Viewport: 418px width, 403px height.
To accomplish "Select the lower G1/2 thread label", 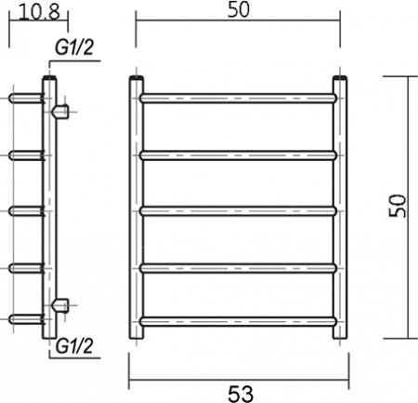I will [x=73, y=346].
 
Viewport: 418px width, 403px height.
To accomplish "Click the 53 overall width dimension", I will [x=240, y=392].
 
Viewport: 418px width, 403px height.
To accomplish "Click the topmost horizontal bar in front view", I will [x=240, y=96].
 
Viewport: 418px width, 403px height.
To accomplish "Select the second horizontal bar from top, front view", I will [x=240, y=153].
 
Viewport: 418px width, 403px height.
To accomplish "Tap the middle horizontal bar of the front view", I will [x=240, y=209].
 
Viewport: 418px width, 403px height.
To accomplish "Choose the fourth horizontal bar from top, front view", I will [x=240, y=268].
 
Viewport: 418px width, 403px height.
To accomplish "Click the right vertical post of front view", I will [x=342, y=209].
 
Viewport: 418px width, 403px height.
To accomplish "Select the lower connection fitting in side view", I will [x=62, y=303].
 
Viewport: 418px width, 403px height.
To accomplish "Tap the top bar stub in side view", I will [x=23, y=96].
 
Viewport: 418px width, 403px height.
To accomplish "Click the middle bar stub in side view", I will [x=23, y=209].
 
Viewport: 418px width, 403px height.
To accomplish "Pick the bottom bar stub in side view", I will [x=23, y=319].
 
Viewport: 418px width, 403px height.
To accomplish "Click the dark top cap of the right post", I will [x=342, y=81].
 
